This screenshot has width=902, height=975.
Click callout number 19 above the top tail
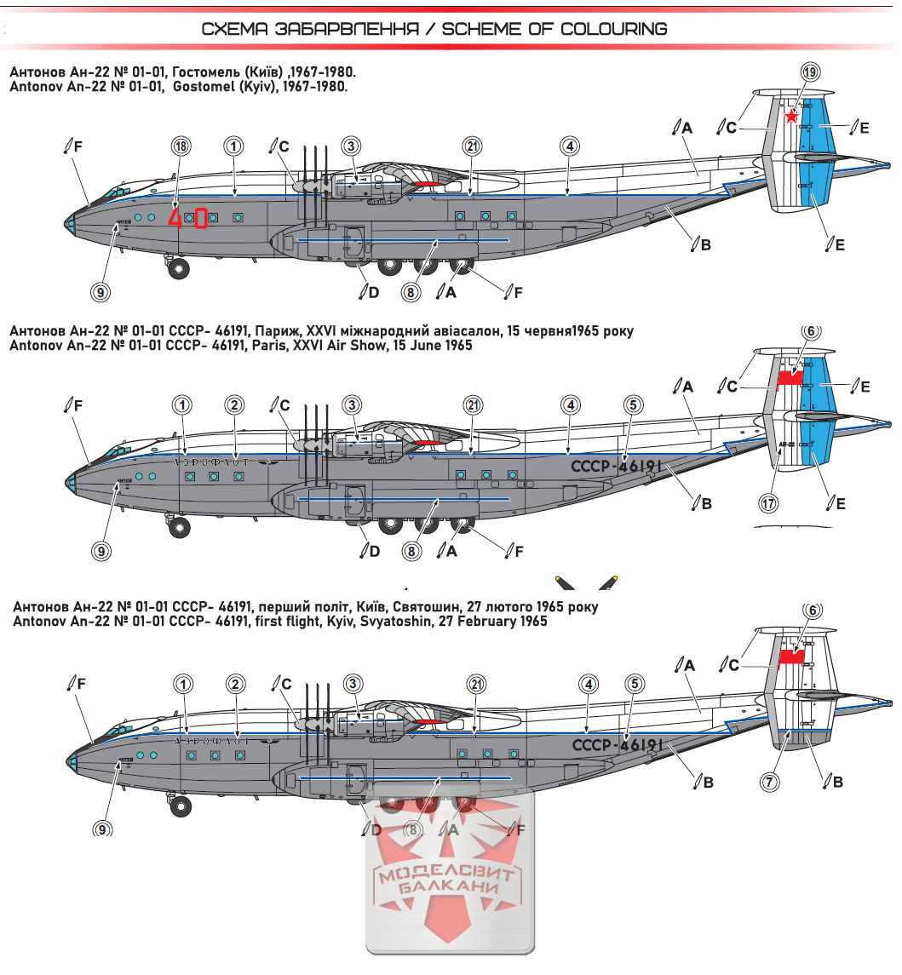click(x=809, y=73)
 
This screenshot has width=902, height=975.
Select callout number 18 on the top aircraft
click(x=181, y=146)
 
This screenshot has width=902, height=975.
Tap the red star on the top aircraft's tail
click(x=792, y=117)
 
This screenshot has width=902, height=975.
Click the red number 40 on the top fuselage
click(x=189, y=218)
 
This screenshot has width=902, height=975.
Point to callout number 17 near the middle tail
click(x=768, y=504)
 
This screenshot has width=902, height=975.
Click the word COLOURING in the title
click(x=613, y=29)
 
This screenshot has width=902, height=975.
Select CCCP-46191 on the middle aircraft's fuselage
click(x=615, y=467)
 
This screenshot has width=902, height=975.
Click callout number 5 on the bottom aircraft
click(x=634, y=684)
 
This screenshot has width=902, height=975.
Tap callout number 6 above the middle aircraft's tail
click(x=811, y=331)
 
